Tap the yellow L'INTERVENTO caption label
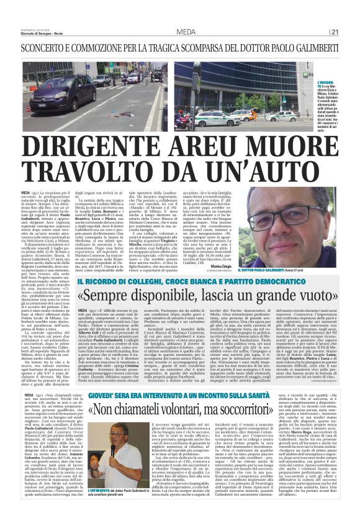tap(109, 489)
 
